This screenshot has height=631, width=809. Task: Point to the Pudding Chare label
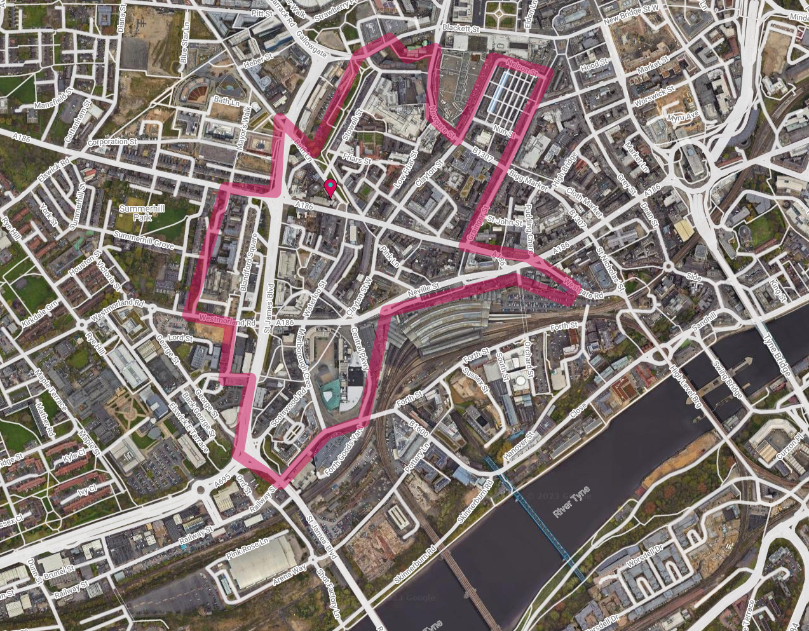[529, 226]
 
